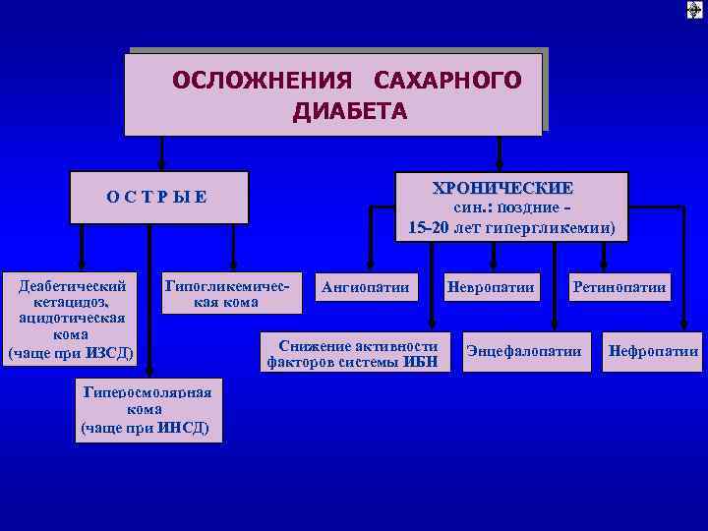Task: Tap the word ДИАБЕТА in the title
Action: pos(349,111)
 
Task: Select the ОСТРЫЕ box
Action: pos(158,195)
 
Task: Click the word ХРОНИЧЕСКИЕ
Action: pos(502,188)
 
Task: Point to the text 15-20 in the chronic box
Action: pos(431,228)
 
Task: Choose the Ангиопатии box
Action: pos(366,288)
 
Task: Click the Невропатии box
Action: pos(490,288)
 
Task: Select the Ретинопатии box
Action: pos(621,288)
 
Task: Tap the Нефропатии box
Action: pos(654,351)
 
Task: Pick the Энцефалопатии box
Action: pos(524,351)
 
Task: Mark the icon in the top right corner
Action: pos(695,10)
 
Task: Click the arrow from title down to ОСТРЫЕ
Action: pos(161,152)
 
